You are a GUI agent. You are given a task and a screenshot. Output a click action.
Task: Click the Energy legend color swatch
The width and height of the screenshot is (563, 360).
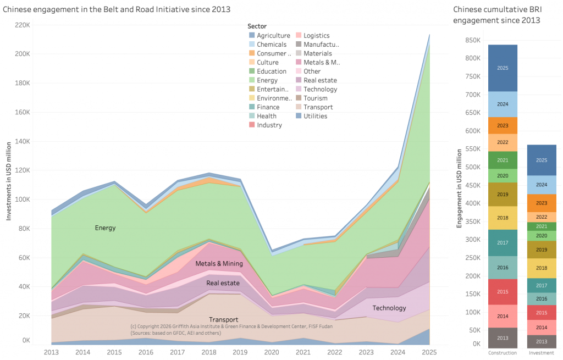(252, 80)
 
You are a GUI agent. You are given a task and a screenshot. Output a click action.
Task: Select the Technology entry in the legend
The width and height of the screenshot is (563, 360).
(320, 89)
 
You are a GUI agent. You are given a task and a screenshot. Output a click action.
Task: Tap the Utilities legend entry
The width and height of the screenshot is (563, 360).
(315, 116)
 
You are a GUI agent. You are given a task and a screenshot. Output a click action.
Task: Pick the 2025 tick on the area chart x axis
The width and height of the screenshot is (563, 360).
(428, 351)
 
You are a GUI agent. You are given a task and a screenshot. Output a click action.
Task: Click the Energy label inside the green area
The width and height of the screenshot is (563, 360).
(105, 228)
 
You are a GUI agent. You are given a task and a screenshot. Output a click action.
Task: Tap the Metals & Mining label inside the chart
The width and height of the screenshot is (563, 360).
(219, 264)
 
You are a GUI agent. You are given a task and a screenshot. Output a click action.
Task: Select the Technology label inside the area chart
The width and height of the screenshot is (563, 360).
(389, 308)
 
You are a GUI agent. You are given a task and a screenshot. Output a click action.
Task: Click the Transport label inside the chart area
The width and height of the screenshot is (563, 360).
(224, 319)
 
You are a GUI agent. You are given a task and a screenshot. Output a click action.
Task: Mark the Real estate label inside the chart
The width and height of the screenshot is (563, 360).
(223, 284)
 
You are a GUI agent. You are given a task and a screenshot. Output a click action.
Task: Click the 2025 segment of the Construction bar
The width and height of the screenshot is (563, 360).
(503, 68)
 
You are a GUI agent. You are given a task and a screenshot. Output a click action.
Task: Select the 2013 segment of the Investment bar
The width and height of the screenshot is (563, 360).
(542, 341)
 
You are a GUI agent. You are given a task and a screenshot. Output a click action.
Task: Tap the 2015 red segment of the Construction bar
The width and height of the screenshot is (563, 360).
(503, 292)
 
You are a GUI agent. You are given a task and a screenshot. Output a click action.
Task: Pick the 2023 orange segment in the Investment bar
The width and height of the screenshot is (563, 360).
(542, 203)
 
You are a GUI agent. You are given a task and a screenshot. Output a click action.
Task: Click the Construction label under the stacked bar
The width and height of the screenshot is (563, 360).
(503, 352)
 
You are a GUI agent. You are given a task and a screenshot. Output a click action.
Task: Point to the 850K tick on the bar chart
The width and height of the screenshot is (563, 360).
(473, 40)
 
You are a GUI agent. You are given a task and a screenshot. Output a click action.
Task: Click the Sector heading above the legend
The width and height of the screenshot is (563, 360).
(257, 26)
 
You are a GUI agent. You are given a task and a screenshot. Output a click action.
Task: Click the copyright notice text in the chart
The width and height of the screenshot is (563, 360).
(231, 329)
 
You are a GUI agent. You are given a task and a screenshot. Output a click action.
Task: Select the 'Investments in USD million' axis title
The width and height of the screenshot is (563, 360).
(9, 181)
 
